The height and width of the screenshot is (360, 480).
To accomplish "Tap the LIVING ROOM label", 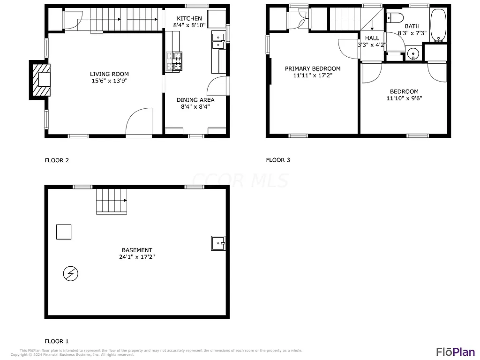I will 109,74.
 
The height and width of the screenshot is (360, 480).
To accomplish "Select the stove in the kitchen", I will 173,61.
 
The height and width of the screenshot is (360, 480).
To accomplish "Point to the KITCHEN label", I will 189,19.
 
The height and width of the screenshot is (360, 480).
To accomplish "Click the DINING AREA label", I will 195,100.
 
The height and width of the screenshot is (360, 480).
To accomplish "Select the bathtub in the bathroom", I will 439,25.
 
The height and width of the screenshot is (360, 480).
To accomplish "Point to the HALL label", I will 372,38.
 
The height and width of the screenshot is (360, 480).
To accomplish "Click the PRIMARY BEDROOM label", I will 313,69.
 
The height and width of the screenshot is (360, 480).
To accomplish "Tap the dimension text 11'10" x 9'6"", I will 402,98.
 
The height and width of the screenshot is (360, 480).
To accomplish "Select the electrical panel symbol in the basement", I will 70,273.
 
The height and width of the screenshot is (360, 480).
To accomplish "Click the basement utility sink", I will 218,243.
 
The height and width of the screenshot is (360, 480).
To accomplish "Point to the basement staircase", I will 112,201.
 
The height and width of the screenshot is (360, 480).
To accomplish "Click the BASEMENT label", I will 136,250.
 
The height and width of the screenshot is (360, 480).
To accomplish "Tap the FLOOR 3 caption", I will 278,160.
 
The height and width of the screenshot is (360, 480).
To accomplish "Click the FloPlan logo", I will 455,352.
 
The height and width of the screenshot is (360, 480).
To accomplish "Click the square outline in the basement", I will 64,232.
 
